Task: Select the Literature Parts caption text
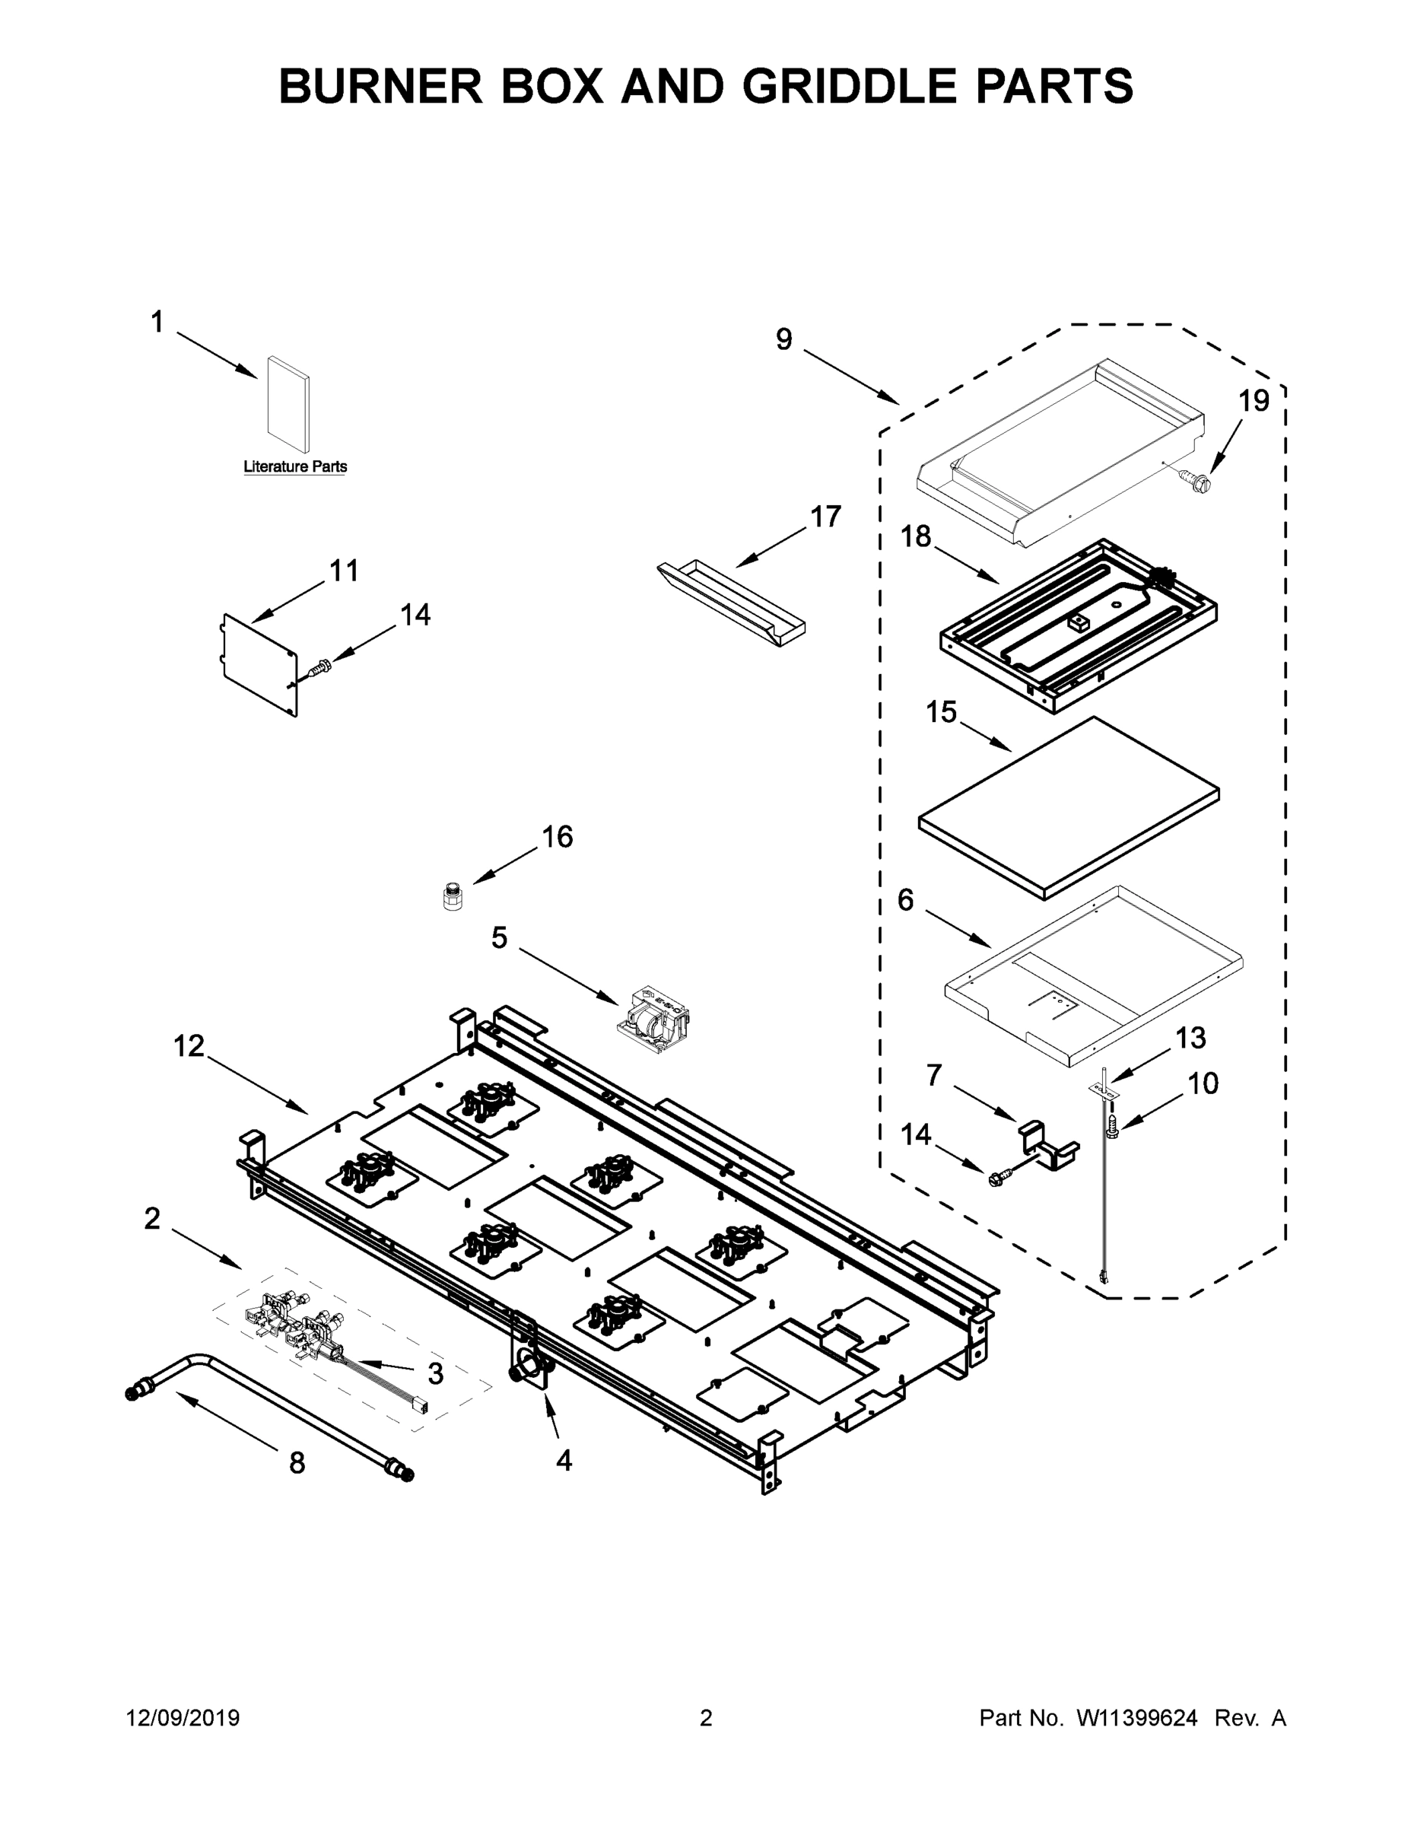coord(295,466)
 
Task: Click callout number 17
coord(826,517)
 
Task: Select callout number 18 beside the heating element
coord(915,536)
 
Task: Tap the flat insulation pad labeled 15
coord(1068,806)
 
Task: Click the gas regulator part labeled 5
coord(654,1017)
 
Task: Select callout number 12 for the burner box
coord(189,1045)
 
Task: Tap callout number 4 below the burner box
coord(564,1460)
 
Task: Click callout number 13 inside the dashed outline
coord(1190,1038)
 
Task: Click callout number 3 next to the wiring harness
coord(436,1372)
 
